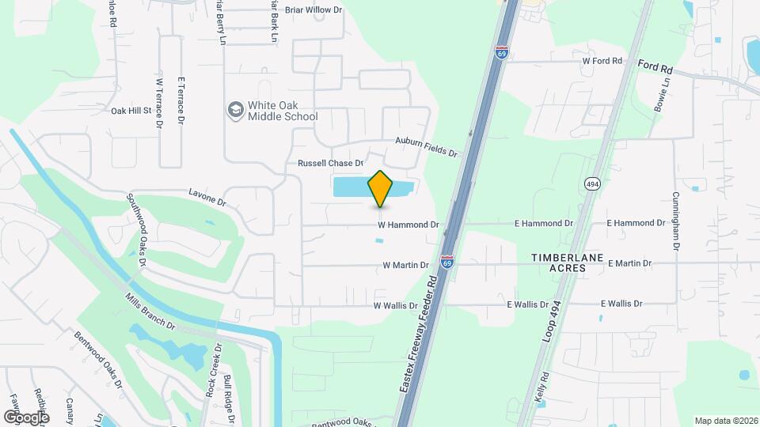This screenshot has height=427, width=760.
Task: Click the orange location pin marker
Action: (x=380, y=188)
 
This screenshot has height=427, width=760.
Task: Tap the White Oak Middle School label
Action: (x=283, y=111)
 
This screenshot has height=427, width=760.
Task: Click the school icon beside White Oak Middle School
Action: (x=235, y=110)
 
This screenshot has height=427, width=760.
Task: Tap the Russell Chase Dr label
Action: (x=330, y=164)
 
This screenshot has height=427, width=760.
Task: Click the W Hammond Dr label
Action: (x=408, y=225)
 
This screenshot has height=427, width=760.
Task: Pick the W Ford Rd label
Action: (x=602, y=60)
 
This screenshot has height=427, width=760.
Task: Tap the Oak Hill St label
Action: (x=131, y=111)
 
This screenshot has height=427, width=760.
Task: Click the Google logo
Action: (x=26, y=416)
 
